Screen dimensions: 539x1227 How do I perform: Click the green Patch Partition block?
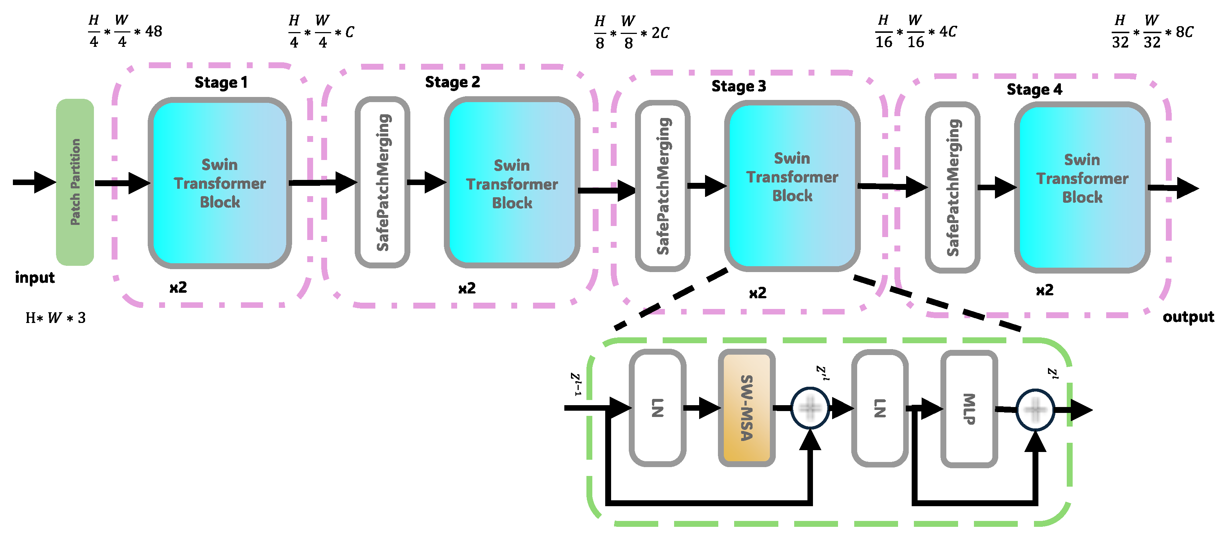pyautogui.click(x=75, y=182)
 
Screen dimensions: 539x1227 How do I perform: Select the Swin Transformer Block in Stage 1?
pyautogui.click(x=220, y=183)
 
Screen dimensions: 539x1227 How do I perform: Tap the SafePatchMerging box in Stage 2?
pyautogui.click(x=382, y=182)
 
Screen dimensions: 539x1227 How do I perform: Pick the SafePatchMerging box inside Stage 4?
pyautogui.click(x=952, y=187)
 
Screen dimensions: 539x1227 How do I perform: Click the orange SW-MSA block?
pyautogui.click(x=746, y=407)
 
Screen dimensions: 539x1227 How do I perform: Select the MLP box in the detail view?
pyautogui.click(x=969, y=408)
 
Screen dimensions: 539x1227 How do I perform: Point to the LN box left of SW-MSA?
pyautogui.click(x=657, y=407)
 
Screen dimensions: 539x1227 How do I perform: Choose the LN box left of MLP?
pyautogui.click(x=879, y=408)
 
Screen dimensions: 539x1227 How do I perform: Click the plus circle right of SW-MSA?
pyautogui.click(x=810, y=408)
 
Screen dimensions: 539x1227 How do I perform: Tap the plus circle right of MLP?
pyautogui.click(x=1035, y=410)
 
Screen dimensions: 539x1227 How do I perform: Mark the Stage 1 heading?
pyautogui.click(x=221, y=83)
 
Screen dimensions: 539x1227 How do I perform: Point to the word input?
pyautogui.click(x=35, y=277)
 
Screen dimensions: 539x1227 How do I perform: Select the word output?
pyautogui.click(x=1188, y=317)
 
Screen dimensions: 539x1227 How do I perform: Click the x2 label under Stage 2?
pyautogui.click(x=467, y=288)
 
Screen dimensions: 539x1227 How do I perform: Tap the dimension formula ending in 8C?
pyautogui.click(x=1152, y=32)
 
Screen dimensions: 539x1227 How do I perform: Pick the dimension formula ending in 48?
pyautogui.click(x=125, y=31)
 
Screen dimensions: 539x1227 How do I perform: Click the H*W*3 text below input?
pyautogui.click(x=55, y=317)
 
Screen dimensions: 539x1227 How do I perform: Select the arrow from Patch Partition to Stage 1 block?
pyautogui.click(x=122, y=183)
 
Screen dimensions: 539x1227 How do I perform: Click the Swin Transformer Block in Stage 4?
pyautogui.click(x=1082, y=187)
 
